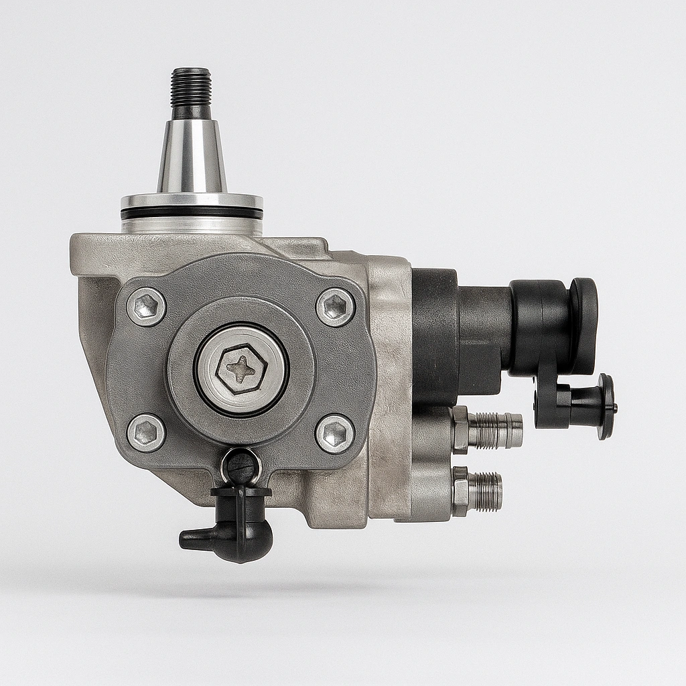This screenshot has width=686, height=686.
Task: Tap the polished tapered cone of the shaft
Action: [x=192, y=158]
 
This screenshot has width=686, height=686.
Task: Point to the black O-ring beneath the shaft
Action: [x=192, y=212]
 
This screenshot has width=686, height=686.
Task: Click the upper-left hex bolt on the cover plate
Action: [x=146, y=306]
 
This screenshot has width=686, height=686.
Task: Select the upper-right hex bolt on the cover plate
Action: [x=335, y=307]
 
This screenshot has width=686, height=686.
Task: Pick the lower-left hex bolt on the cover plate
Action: [x=145, y=432]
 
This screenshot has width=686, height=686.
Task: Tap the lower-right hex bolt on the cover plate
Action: [x=335, y=433]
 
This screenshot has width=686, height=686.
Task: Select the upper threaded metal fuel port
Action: [x=496, y=430]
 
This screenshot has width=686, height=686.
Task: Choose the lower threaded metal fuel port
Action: [x=486, y=490]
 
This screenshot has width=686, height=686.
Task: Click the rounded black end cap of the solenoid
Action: [x=583, y=326]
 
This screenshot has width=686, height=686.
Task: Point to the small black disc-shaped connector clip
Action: [x=606, y=406]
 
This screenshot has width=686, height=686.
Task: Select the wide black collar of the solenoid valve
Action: [x=434, y=335]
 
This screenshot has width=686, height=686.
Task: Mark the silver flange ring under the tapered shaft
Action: [x=192, y=201]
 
